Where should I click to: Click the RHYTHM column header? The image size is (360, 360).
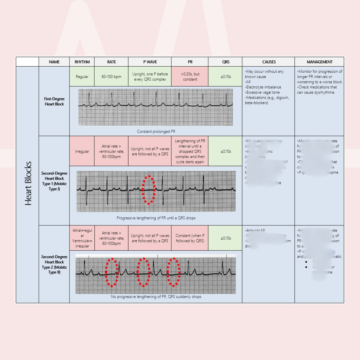pyautogui.click(x=82, y=62)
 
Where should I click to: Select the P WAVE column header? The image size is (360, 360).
pyautogui.click(x=150, y=62)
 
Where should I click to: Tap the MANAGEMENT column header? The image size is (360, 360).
pyautogui.click(x=319, y=62)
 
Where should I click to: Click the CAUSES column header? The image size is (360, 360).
pyautogui.click(x=269, y=62)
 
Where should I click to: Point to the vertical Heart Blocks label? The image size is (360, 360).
pyautogui.click(x=28, y=183)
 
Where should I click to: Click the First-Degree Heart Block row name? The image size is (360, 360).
pyautogui.click(x=54, y=101)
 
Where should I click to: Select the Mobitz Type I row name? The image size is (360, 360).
pyautogui.click(x=54, y=181)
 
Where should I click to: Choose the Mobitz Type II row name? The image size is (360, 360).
pyautogui.click(x=54, y=264)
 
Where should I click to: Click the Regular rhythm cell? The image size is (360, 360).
pyautogui.click(x=82, y=77)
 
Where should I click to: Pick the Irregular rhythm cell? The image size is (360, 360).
pyautogui.click(x=82, y=152)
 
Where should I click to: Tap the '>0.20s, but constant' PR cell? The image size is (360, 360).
pyautogui.click(x=190, y=77)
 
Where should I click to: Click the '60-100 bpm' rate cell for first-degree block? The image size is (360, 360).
pyautogui.click(x=111, y=77)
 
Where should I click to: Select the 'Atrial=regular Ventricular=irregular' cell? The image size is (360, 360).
pyautogui.click(x=82, y=238)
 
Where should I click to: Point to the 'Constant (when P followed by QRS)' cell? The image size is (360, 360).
pyautogui.click(x=190, y=238)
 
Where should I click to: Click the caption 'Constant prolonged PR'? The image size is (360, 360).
pyautogui.click(x=156, y=131)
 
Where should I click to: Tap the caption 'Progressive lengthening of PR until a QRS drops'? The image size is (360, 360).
pyautogui.click(x=156, y=218)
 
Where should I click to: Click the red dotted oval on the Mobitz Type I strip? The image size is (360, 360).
pyautogui.click(x=149, y=189)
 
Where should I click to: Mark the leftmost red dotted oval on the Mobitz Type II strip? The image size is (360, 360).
pyautogui.click(x=112, y=272)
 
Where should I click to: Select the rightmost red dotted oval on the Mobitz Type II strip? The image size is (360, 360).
pyautogui.click(x=173, y=272)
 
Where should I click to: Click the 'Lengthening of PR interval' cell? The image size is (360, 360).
pyautogui.click(x=190, y=152)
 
